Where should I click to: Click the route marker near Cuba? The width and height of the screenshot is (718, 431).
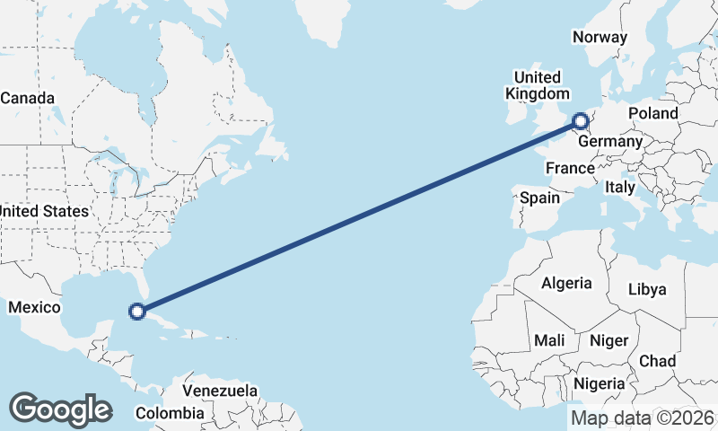(x=137, y=312)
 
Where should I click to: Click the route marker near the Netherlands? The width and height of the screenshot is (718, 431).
(x=581, y=119)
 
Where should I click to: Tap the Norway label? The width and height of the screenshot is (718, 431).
(x=599, y=37)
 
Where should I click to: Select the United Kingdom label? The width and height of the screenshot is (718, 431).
(x=537, y=85)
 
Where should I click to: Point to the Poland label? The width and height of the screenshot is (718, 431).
(x=653, y=113)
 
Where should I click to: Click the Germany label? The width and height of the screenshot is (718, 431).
(x=610, y=142)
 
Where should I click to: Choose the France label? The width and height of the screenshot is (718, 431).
(x=570, y=168)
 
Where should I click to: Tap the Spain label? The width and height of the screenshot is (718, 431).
(x=539, y=198)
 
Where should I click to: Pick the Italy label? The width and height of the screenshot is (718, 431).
(x=620, y=188)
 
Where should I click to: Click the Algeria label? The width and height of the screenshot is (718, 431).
(x=566, y=283)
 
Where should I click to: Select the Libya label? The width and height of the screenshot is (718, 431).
(x=647, y=289)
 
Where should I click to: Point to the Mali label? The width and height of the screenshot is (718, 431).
(x=549, y=341)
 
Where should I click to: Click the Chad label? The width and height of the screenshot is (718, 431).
(x=657, y=361)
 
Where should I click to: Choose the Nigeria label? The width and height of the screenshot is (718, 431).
(x=600, y=383)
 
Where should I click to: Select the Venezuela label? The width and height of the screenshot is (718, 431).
(x=220, y=391)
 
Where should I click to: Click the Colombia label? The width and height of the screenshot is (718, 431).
(x=170, y=413)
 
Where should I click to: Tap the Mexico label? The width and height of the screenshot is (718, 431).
(x=34, y=308)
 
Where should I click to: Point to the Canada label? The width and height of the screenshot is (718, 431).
(x=27, y=98)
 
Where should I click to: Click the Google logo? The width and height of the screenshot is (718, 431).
(x=60, y=409)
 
